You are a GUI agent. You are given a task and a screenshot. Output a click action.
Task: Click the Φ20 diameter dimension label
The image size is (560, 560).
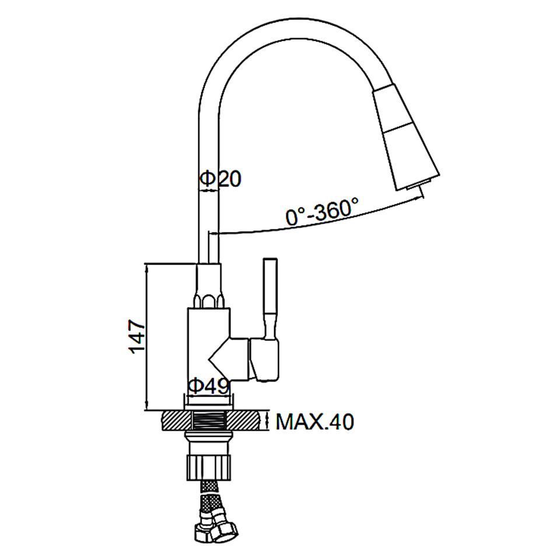click(x=220, y=178)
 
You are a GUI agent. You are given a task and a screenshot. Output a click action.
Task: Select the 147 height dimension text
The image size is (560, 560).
click(x=138, y=337)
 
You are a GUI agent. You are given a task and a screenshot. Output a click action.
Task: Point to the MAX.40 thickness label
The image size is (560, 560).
click(x=314, y=422)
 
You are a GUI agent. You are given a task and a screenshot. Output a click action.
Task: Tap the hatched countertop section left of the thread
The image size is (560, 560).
click(x=177, y=421)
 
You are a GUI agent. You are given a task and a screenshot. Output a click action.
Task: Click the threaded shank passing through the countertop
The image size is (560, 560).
click(x=209, y=421)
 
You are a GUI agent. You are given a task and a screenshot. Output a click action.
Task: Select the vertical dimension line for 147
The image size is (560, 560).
click(x=146, y=337)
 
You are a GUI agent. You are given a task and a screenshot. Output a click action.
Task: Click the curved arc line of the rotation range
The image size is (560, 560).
click(x=318, y=220)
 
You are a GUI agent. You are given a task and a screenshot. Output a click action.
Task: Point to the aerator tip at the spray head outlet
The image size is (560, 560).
click(x=415, y=185)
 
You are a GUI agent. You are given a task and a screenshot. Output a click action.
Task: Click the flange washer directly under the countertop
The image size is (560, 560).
click(x=208, y=436)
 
